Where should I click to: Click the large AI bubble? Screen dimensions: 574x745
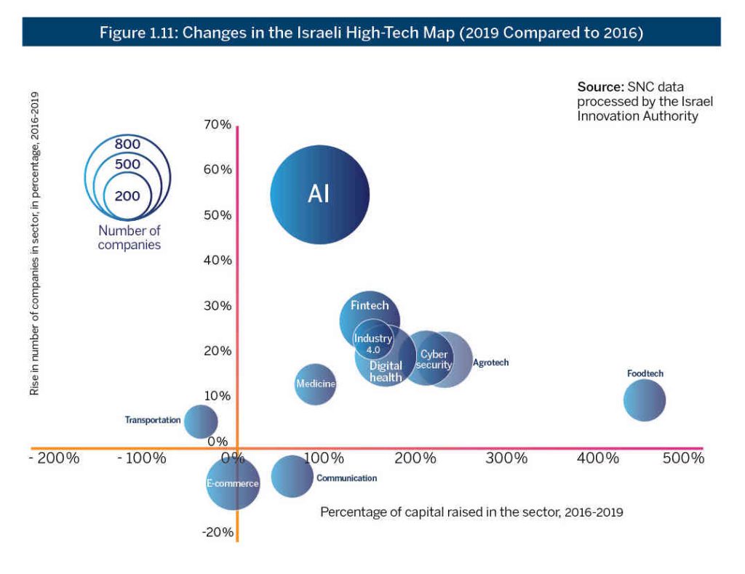320,194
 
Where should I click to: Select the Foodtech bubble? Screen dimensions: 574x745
645,400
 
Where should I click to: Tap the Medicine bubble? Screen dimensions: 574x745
315,384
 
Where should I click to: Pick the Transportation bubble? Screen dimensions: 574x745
201,421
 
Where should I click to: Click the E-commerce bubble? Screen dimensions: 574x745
233,484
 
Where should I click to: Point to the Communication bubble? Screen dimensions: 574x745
291,476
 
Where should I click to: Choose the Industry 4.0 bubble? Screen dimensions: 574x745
373,339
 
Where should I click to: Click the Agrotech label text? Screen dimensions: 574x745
491,362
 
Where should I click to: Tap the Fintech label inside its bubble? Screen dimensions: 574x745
370,306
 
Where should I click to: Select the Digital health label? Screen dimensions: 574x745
386,371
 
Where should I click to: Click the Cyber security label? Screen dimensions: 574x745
434,360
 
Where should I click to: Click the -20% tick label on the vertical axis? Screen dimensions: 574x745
218,532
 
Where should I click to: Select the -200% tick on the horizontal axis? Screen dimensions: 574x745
55,459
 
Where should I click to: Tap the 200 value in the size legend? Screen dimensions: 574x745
127,195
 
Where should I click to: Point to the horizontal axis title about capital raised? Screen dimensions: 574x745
471,512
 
